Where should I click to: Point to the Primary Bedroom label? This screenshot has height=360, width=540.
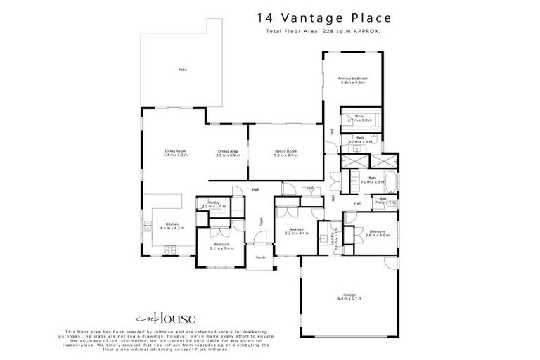pos(353,79)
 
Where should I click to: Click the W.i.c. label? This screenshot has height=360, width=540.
pos(358,117)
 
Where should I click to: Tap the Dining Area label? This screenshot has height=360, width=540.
pos(228,151)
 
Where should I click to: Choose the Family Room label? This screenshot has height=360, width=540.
pos(285,151)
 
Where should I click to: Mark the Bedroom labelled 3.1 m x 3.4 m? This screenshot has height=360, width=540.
pos(222,247)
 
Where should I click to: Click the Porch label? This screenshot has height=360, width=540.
pos(260,257)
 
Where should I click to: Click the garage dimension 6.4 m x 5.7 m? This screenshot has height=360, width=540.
pos(348,300)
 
